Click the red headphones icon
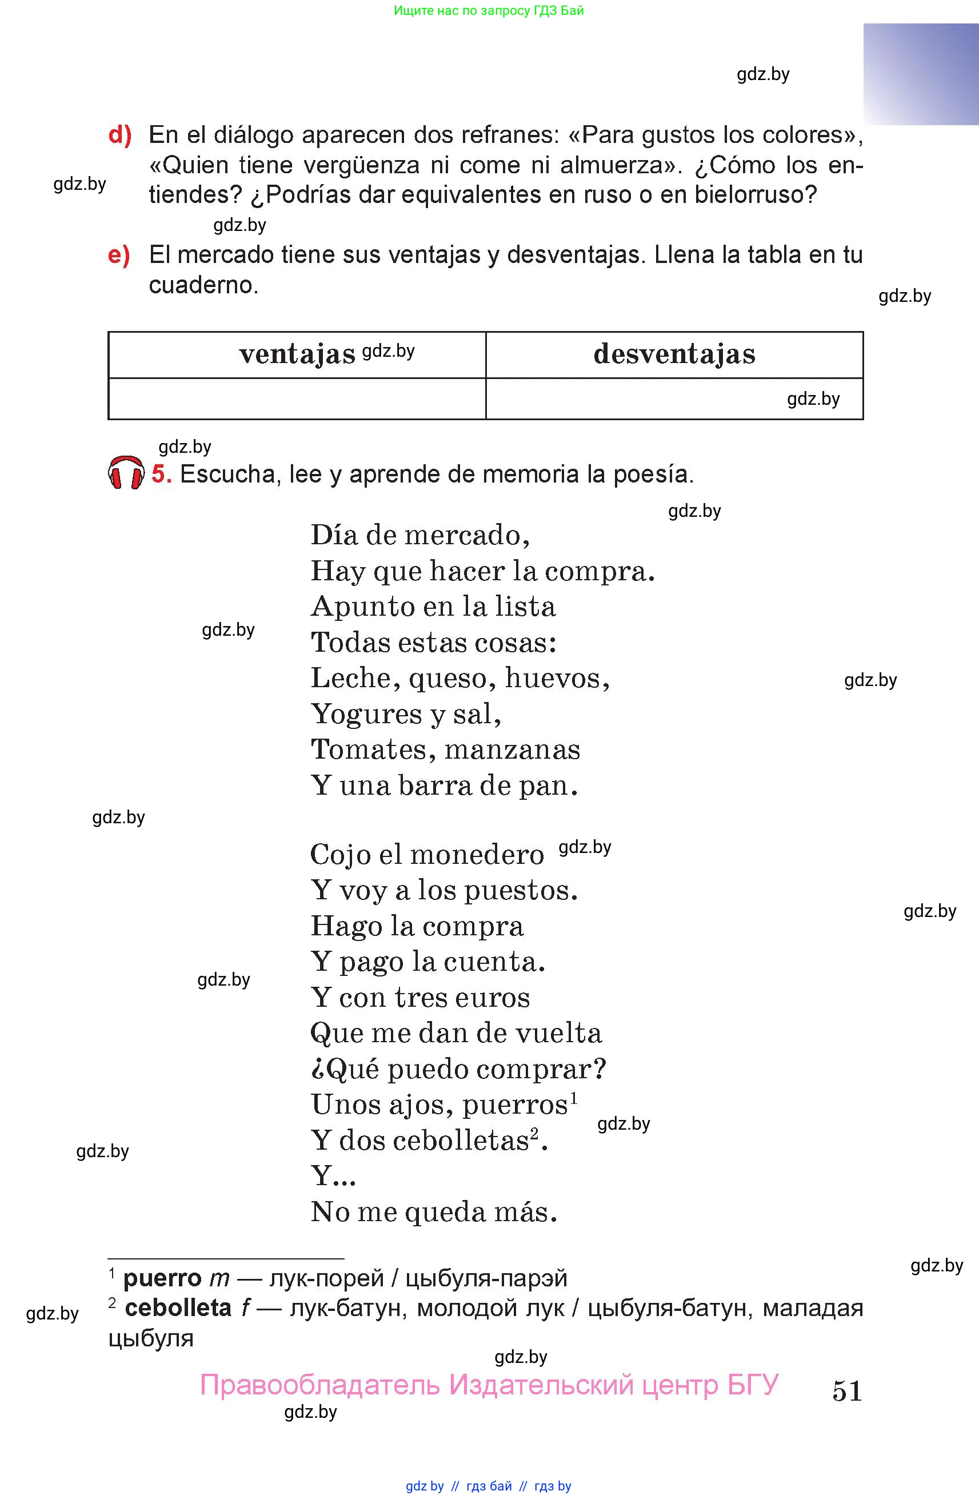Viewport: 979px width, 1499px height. click(x=126, y=473)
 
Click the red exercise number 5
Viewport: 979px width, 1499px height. click(x=161, y=473)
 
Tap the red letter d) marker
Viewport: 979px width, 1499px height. click(x=119, y=135)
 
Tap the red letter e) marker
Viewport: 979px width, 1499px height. click(x=119, y=255)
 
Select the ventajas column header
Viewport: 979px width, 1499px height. click(x=297, y=354)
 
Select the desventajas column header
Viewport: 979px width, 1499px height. click(x=674, y=354)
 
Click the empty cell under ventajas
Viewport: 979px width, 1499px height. click(x=297, y=398)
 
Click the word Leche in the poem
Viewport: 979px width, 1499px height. click(x=351, y=679)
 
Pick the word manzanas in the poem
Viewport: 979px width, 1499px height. click(x=512, y=750)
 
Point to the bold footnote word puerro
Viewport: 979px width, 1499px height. click(x=162, y=1278)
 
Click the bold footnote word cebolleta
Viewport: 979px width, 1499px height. click(x=178, y=1309)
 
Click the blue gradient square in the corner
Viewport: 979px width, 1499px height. click(x=921, y=74)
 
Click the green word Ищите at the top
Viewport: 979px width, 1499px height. click(x=411, y=11)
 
